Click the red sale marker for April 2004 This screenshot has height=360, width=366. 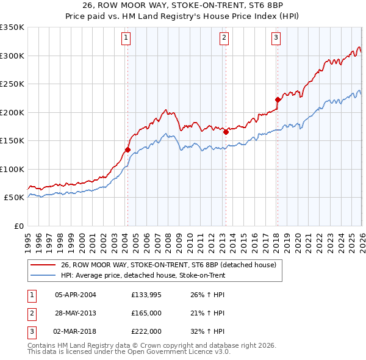click(127, 149)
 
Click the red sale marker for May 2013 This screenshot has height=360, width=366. click(226, 132)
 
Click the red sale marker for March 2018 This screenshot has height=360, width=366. click(278, 99)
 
